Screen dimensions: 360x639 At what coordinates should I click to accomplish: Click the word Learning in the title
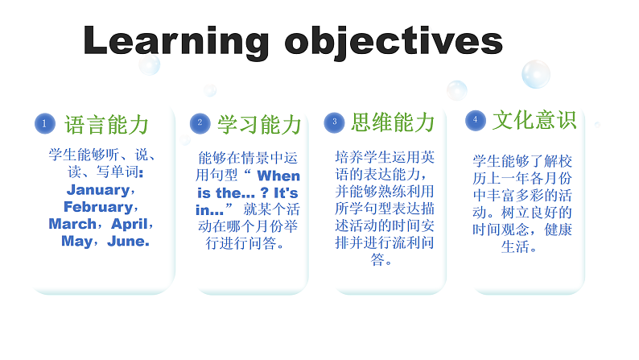176,39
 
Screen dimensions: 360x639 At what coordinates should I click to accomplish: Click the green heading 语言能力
107,124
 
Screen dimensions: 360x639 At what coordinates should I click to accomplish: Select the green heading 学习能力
259,124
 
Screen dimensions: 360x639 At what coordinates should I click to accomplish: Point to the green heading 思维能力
393,122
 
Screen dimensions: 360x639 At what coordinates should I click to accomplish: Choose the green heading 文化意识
535,120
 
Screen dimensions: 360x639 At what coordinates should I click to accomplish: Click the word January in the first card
97,190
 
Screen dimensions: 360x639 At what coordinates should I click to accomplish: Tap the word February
96,207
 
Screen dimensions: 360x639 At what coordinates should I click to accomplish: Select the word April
130,224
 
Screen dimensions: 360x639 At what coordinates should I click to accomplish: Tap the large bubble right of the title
535,74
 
